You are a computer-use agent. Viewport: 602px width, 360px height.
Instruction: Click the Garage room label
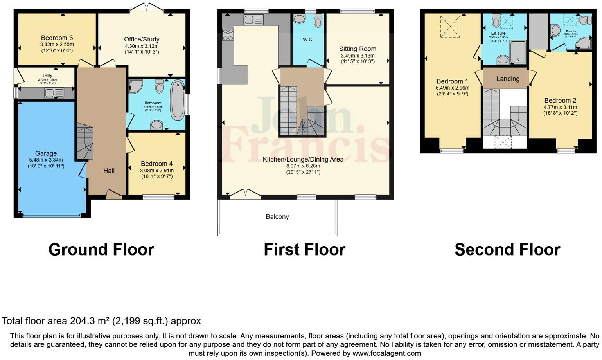[46, 153]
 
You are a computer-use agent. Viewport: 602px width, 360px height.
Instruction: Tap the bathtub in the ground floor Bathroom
[178, 100]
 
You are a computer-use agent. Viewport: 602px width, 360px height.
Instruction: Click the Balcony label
[277, 217]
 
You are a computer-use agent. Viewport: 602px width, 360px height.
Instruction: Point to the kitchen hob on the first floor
[228, 35]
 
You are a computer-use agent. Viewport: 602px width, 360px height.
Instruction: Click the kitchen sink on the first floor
[253, 20]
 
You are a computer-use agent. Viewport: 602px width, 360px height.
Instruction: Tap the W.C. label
[308, 40]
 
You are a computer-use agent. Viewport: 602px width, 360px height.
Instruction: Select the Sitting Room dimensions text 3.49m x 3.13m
[358, 56]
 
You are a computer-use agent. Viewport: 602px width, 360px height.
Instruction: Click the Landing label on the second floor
[508, 79]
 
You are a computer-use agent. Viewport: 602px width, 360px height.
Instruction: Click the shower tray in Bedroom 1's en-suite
[518, 52]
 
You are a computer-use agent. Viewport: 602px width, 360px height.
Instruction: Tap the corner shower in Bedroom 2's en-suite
[584, 43]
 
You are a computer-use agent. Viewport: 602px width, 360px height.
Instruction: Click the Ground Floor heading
[101, 250]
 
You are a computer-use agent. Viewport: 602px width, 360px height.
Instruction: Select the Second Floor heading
[507, 250]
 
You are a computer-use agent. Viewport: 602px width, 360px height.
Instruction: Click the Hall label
[109, 171]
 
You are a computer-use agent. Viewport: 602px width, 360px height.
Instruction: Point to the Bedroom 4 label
[157, 164]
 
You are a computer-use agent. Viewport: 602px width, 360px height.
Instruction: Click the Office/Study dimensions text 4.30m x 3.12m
[142, 46]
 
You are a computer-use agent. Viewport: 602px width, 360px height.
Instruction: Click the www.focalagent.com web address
[386, 353]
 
